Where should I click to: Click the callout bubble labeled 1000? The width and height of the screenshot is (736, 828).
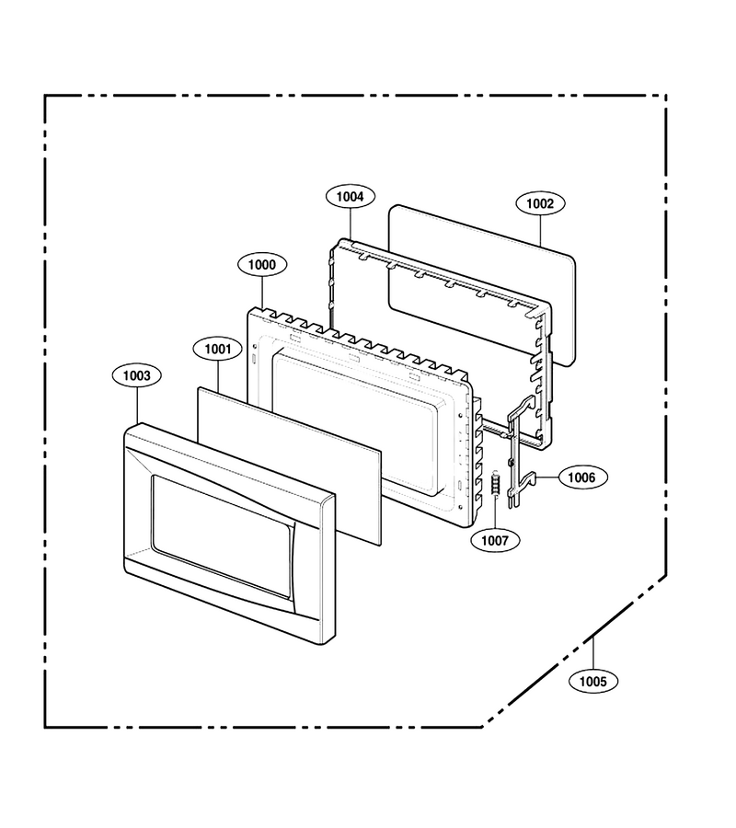[x=262, y=265]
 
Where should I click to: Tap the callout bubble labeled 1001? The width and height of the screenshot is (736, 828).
[x=217, y=349]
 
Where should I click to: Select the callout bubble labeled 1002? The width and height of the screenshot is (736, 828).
[x=540, y=203]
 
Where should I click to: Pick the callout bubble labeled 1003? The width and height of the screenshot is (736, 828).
[x=137, y=376]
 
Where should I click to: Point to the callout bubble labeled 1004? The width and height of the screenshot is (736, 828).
[x=350, y=197]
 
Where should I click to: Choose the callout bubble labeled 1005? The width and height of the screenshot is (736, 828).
[x=592, y=681]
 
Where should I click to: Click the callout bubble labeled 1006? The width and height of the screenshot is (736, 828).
[x=581, y=477]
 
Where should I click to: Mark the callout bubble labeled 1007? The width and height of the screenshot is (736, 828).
[x=495, y=540]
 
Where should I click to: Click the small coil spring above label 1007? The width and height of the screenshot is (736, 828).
[x=495, y=483]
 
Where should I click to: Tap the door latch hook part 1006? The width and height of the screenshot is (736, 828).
[x=512, y=454]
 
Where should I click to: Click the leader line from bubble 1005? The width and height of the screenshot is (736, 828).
[x=592, y=654]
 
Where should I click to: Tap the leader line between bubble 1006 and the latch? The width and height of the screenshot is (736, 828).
[x=547, y=477]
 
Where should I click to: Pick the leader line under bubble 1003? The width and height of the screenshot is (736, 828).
[x=137, y=406]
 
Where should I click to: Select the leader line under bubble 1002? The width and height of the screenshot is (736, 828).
[x=540, y=231]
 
